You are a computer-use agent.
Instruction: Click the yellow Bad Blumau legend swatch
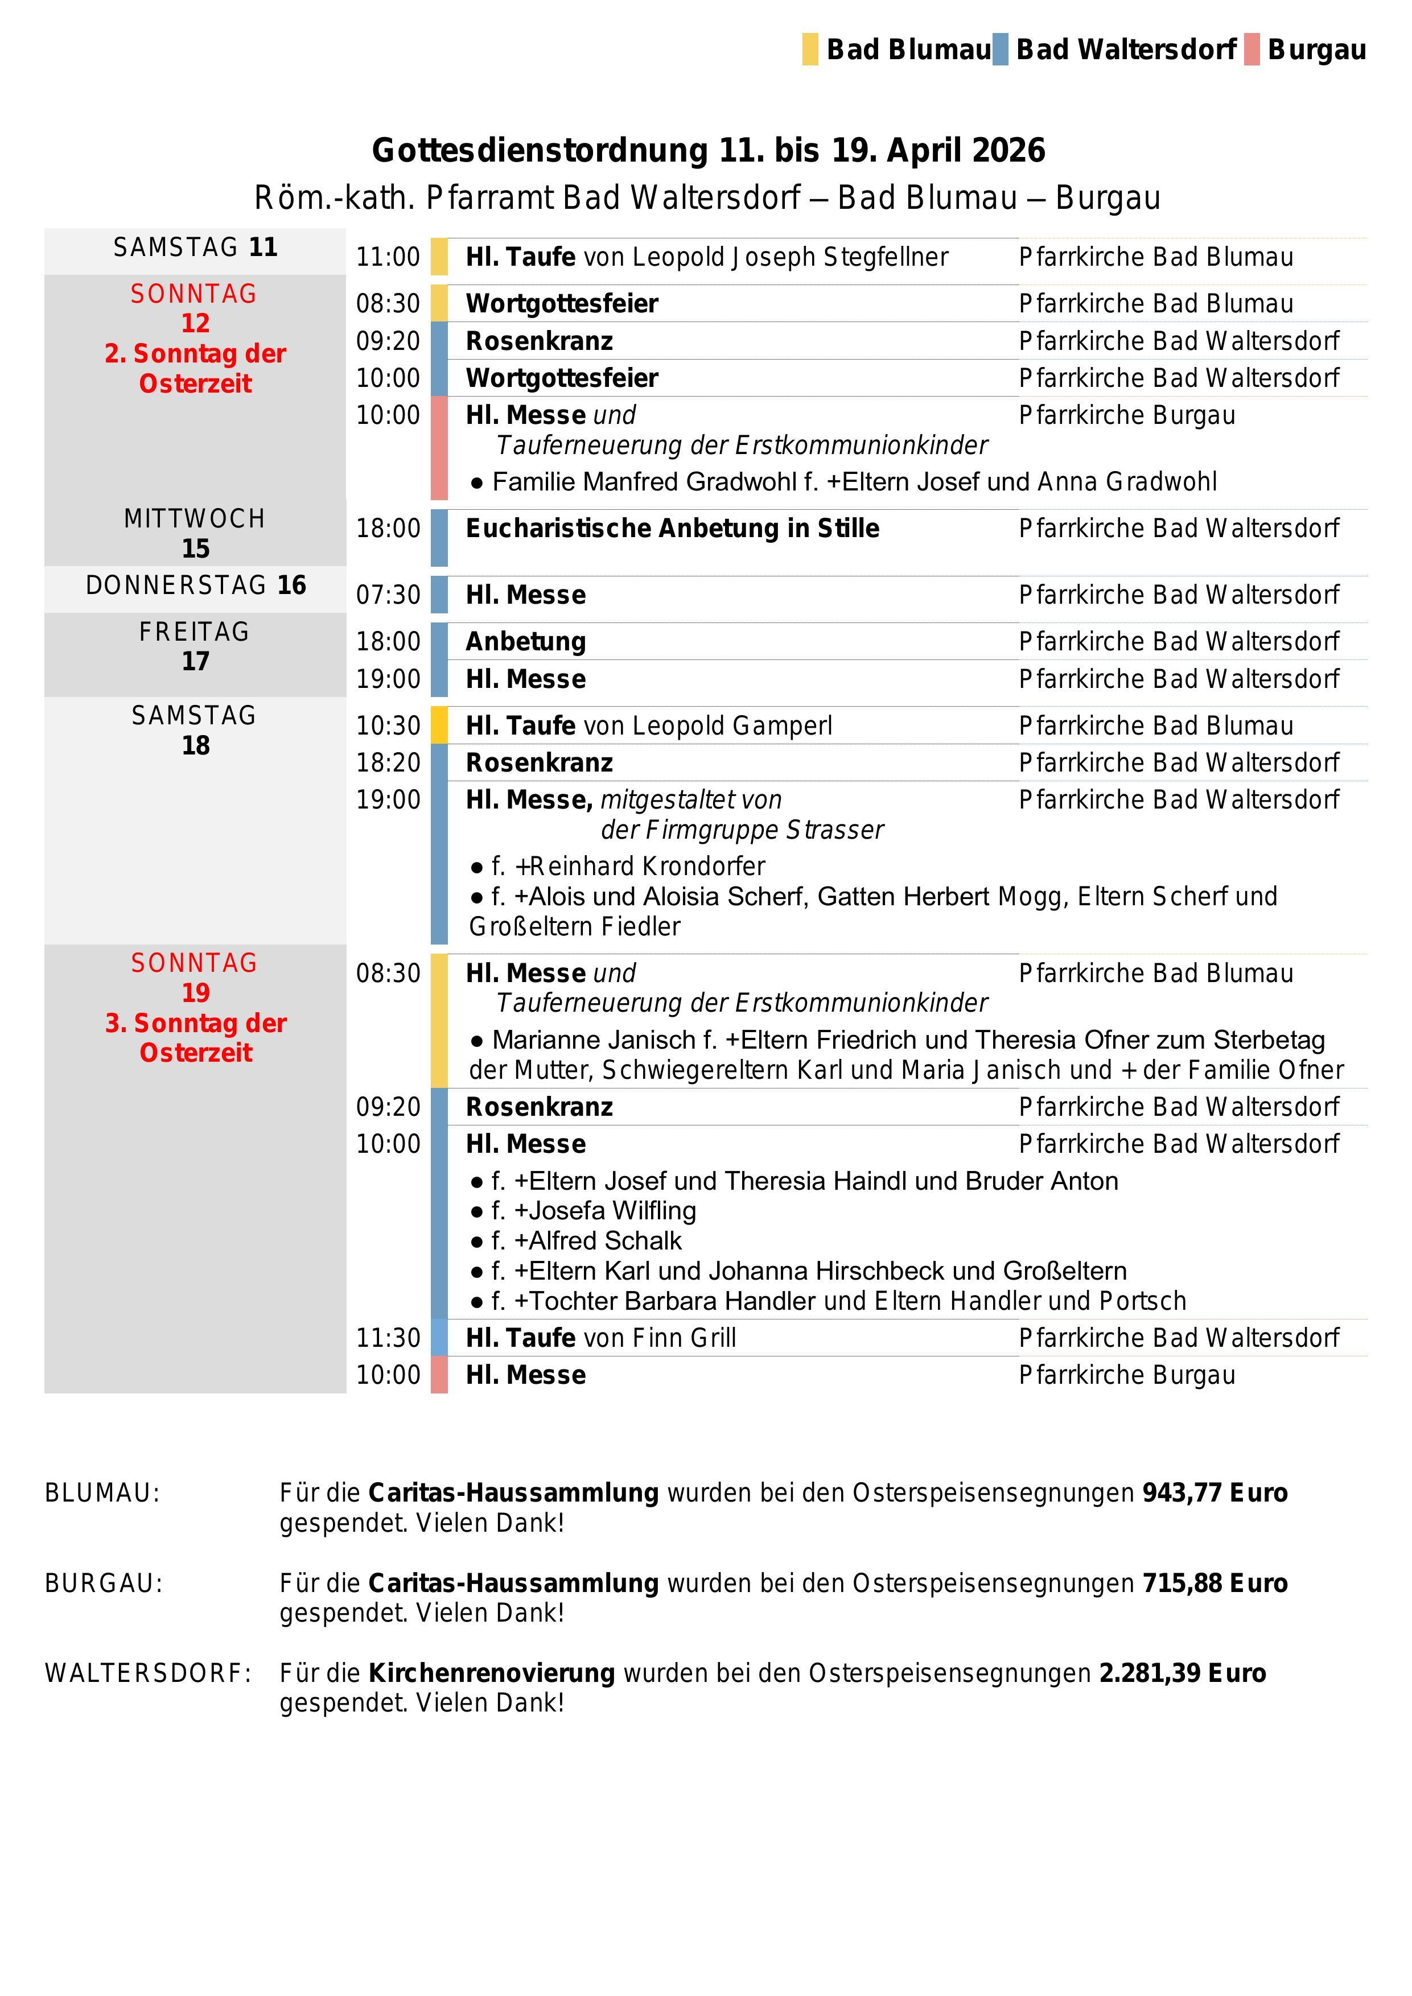[x=809, y=50]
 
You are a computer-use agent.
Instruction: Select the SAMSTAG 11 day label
[x=195, y=248]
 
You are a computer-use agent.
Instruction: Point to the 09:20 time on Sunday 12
[x=388, y=341]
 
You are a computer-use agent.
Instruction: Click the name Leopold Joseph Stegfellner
[x=789, y=257]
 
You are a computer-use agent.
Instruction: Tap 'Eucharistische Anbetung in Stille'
[x=672, y=529]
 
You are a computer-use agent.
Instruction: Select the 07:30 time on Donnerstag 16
[x=388, y=596]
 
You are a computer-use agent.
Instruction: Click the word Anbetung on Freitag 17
[x=526, y=642]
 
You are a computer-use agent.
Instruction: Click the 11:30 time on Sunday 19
[x=388, y=1338]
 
